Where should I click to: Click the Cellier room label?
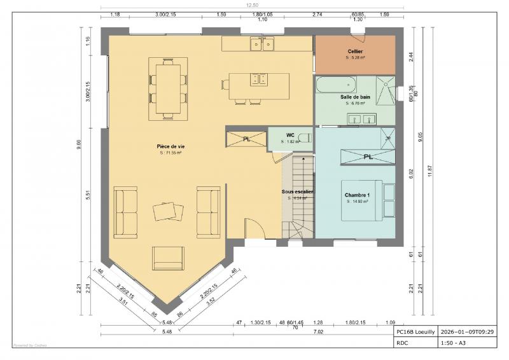(355, 51)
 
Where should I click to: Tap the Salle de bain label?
(355, 97)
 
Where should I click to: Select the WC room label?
(290, 135)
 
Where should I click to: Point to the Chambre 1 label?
(358, 195)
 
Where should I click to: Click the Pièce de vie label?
(171, 146)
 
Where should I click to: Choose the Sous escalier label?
(298, 191)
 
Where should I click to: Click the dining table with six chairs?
(168, 88)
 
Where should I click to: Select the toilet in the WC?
(304, 137)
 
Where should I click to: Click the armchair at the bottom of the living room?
(168, 258)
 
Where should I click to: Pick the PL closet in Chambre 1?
(368, 156)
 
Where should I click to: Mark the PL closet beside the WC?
(246, 139)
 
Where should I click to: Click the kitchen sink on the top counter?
(261, 44)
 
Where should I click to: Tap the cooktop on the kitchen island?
(259, 79)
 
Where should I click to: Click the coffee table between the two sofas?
(167, 211)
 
